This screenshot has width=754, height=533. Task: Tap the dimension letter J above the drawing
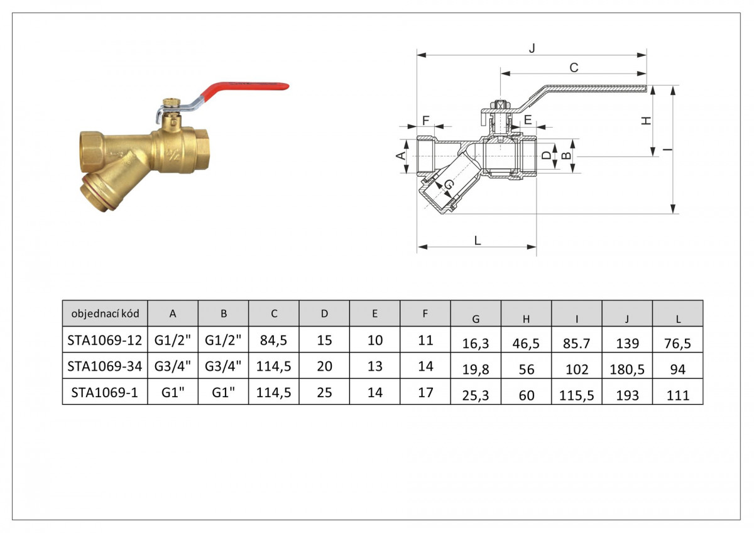[x=532, y=48]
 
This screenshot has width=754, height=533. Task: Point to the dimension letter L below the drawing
[x=478, y=240]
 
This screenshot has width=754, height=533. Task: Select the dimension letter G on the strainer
[x=449, y=184]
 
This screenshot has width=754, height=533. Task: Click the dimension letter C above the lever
[x=574, y=68]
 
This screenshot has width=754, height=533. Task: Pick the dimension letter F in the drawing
[x=426, y=120]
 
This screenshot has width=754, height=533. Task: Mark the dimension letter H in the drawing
[x=646, y=121]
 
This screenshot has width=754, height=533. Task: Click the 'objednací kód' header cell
[x=105, y=314]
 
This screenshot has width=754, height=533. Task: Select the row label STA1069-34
[x=105, y=366]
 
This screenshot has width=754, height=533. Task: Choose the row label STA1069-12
[x=105, y=340]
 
